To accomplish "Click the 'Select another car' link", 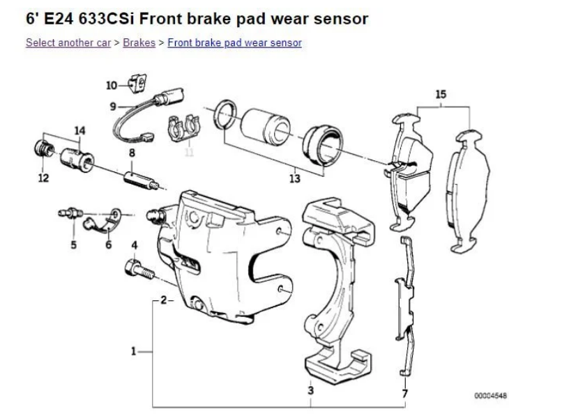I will (68, 43).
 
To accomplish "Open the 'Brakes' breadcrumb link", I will (139, 43).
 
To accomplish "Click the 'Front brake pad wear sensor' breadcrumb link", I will (234, 43).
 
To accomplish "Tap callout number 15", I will (440, 94).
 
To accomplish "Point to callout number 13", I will (294, 179).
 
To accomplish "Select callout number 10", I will (112, 85).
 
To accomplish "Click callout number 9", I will (112, 106).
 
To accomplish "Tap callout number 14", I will (79, 130).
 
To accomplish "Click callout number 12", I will (44, 178).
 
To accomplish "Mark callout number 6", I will (108, 244).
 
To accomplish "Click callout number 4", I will (135, 245).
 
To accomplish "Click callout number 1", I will (132, 350).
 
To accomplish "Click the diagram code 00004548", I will (491, 396).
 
